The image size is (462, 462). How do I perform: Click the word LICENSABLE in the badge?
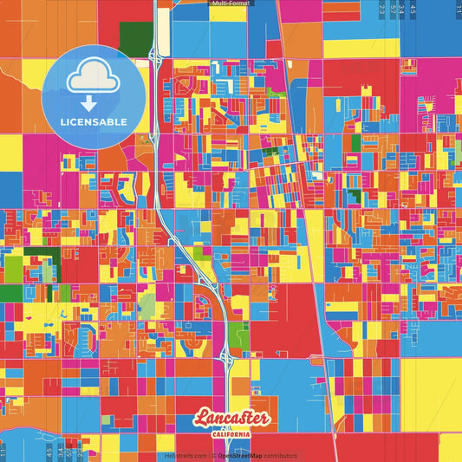coord(93,121)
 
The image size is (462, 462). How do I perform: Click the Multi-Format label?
coord(231,3)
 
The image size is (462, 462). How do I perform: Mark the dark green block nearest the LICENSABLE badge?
coord(135,36)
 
